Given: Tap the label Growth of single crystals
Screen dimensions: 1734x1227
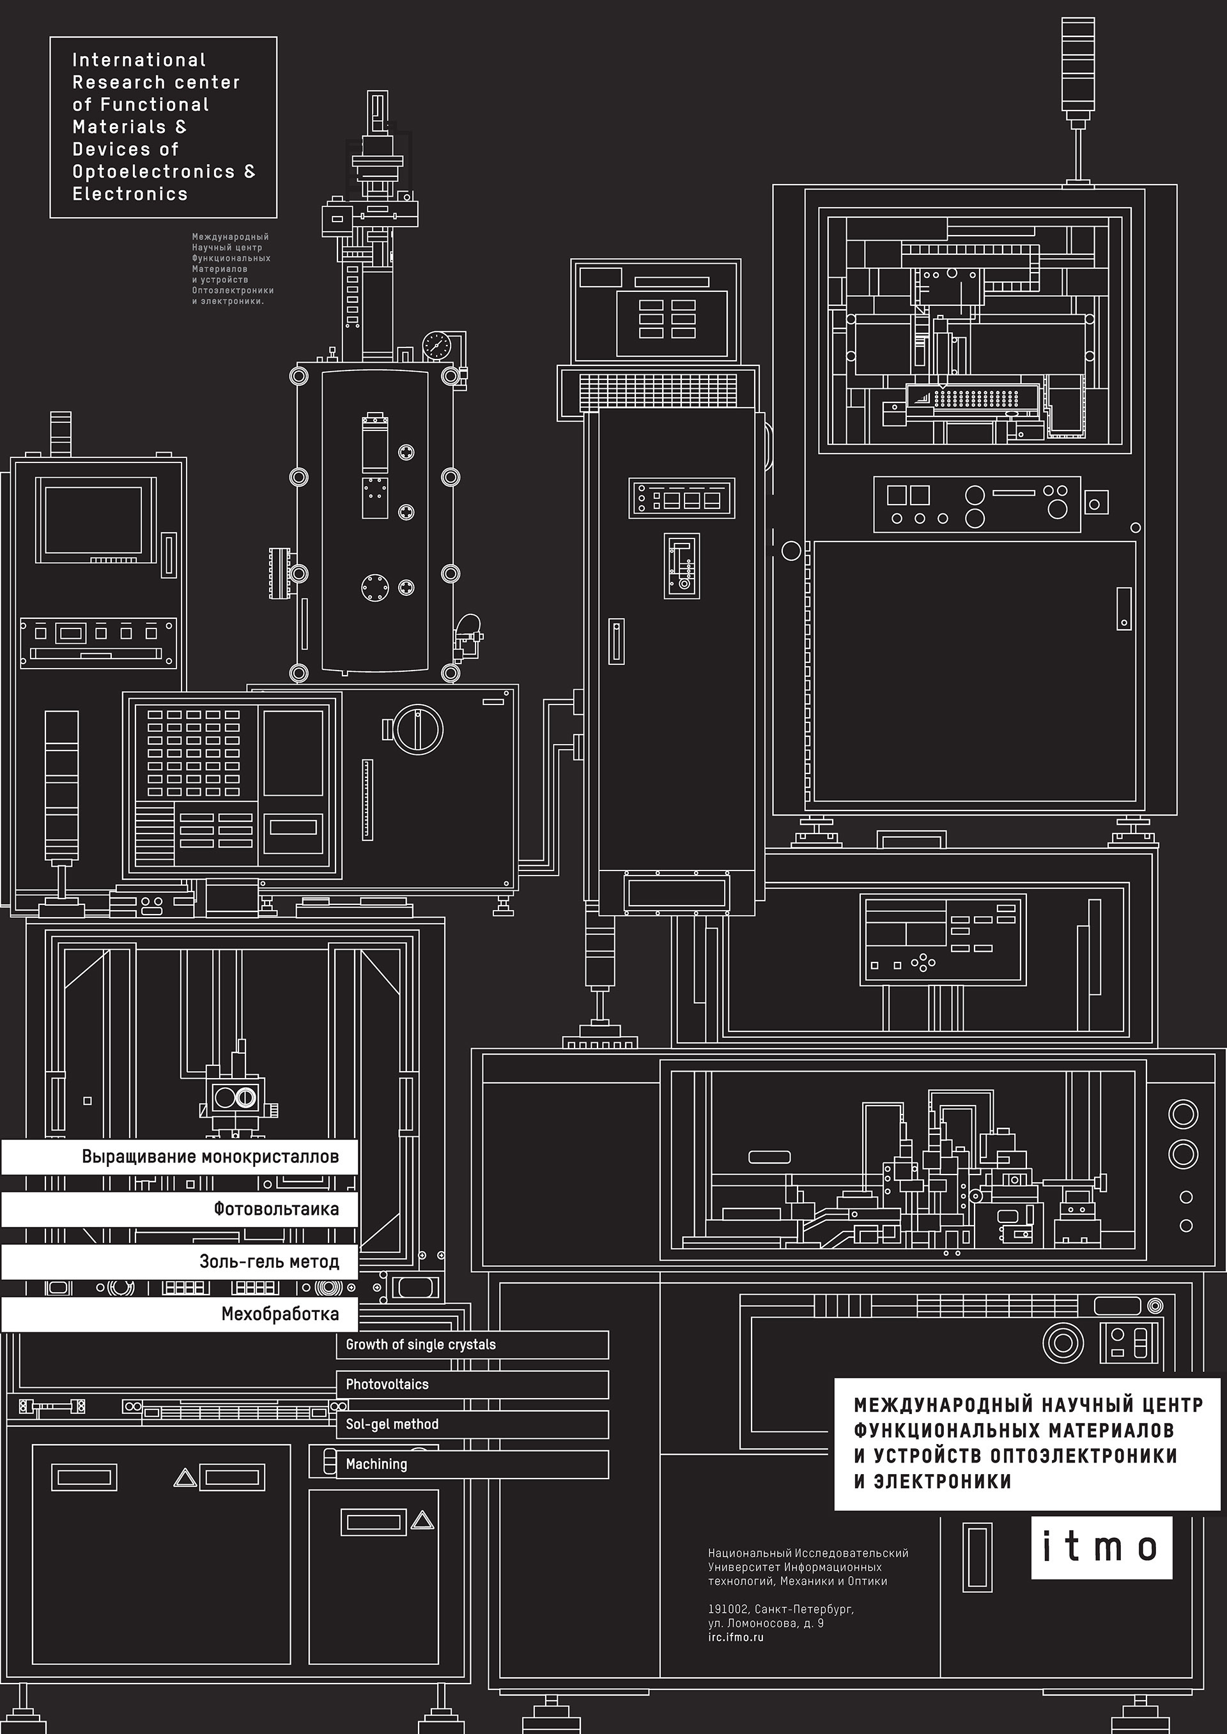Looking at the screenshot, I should click(x=421, y=1344).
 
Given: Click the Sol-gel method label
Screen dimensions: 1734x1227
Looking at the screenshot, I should click(x=392, y=1424).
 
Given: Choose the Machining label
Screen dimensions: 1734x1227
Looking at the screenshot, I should click(x=376, y=1464).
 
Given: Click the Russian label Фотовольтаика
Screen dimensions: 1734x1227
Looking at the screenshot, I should click(x=276, y=1209).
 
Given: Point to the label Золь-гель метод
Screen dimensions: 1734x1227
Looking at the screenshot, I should click(x=269, y=1261).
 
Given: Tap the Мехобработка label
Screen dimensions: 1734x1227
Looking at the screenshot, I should click(x=279, y=1313).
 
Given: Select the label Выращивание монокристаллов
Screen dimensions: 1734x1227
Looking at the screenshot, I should click(x=210, y=1156).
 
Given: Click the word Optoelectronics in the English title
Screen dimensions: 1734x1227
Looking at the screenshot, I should click(x=153, y=171).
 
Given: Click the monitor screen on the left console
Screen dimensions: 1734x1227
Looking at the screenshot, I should click(x=93, y=520).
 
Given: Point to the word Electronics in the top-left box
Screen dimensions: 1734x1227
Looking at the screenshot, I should click(x=130, y=194).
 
